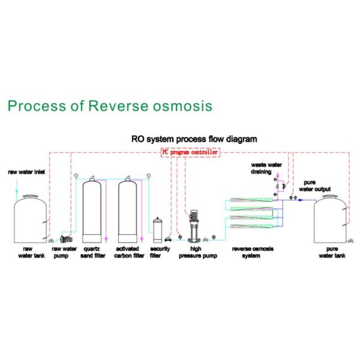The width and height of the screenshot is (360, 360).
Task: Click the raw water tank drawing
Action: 30,217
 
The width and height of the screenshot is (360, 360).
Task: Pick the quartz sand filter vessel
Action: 93,210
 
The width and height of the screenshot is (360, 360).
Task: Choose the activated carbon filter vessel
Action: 130,210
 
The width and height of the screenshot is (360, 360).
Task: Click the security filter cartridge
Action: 158,227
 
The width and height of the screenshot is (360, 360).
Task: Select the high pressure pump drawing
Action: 193,225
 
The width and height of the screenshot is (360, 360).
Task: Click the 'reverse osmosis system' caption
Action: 250,252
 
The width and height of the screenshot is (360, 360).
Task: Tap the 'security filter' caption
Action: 158,252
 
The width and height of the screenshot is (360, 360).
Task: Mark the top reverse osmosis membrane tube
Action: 250,202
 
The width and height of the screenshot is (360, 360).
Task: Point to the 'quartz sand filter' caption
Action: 92,252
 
